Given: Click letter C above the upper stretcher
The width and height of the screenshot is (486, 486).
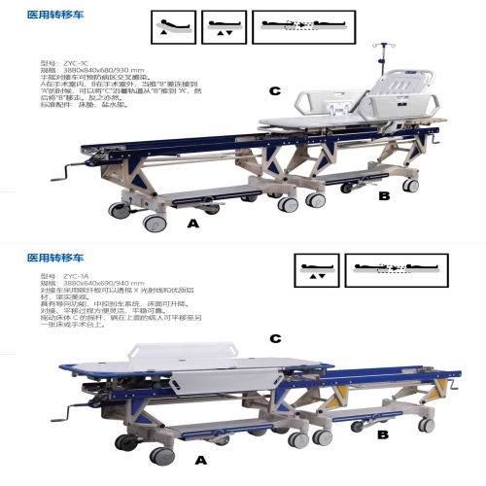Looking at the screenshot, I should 275,91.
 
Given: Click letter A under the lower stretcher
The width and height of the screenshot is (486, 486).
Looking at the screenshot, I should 201,457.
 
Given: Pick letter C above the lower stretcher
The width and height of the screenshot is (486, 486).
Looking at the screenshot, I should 275,338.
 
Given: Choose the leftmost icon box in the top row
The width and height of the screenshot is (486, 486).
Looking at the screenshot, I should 174,27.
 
